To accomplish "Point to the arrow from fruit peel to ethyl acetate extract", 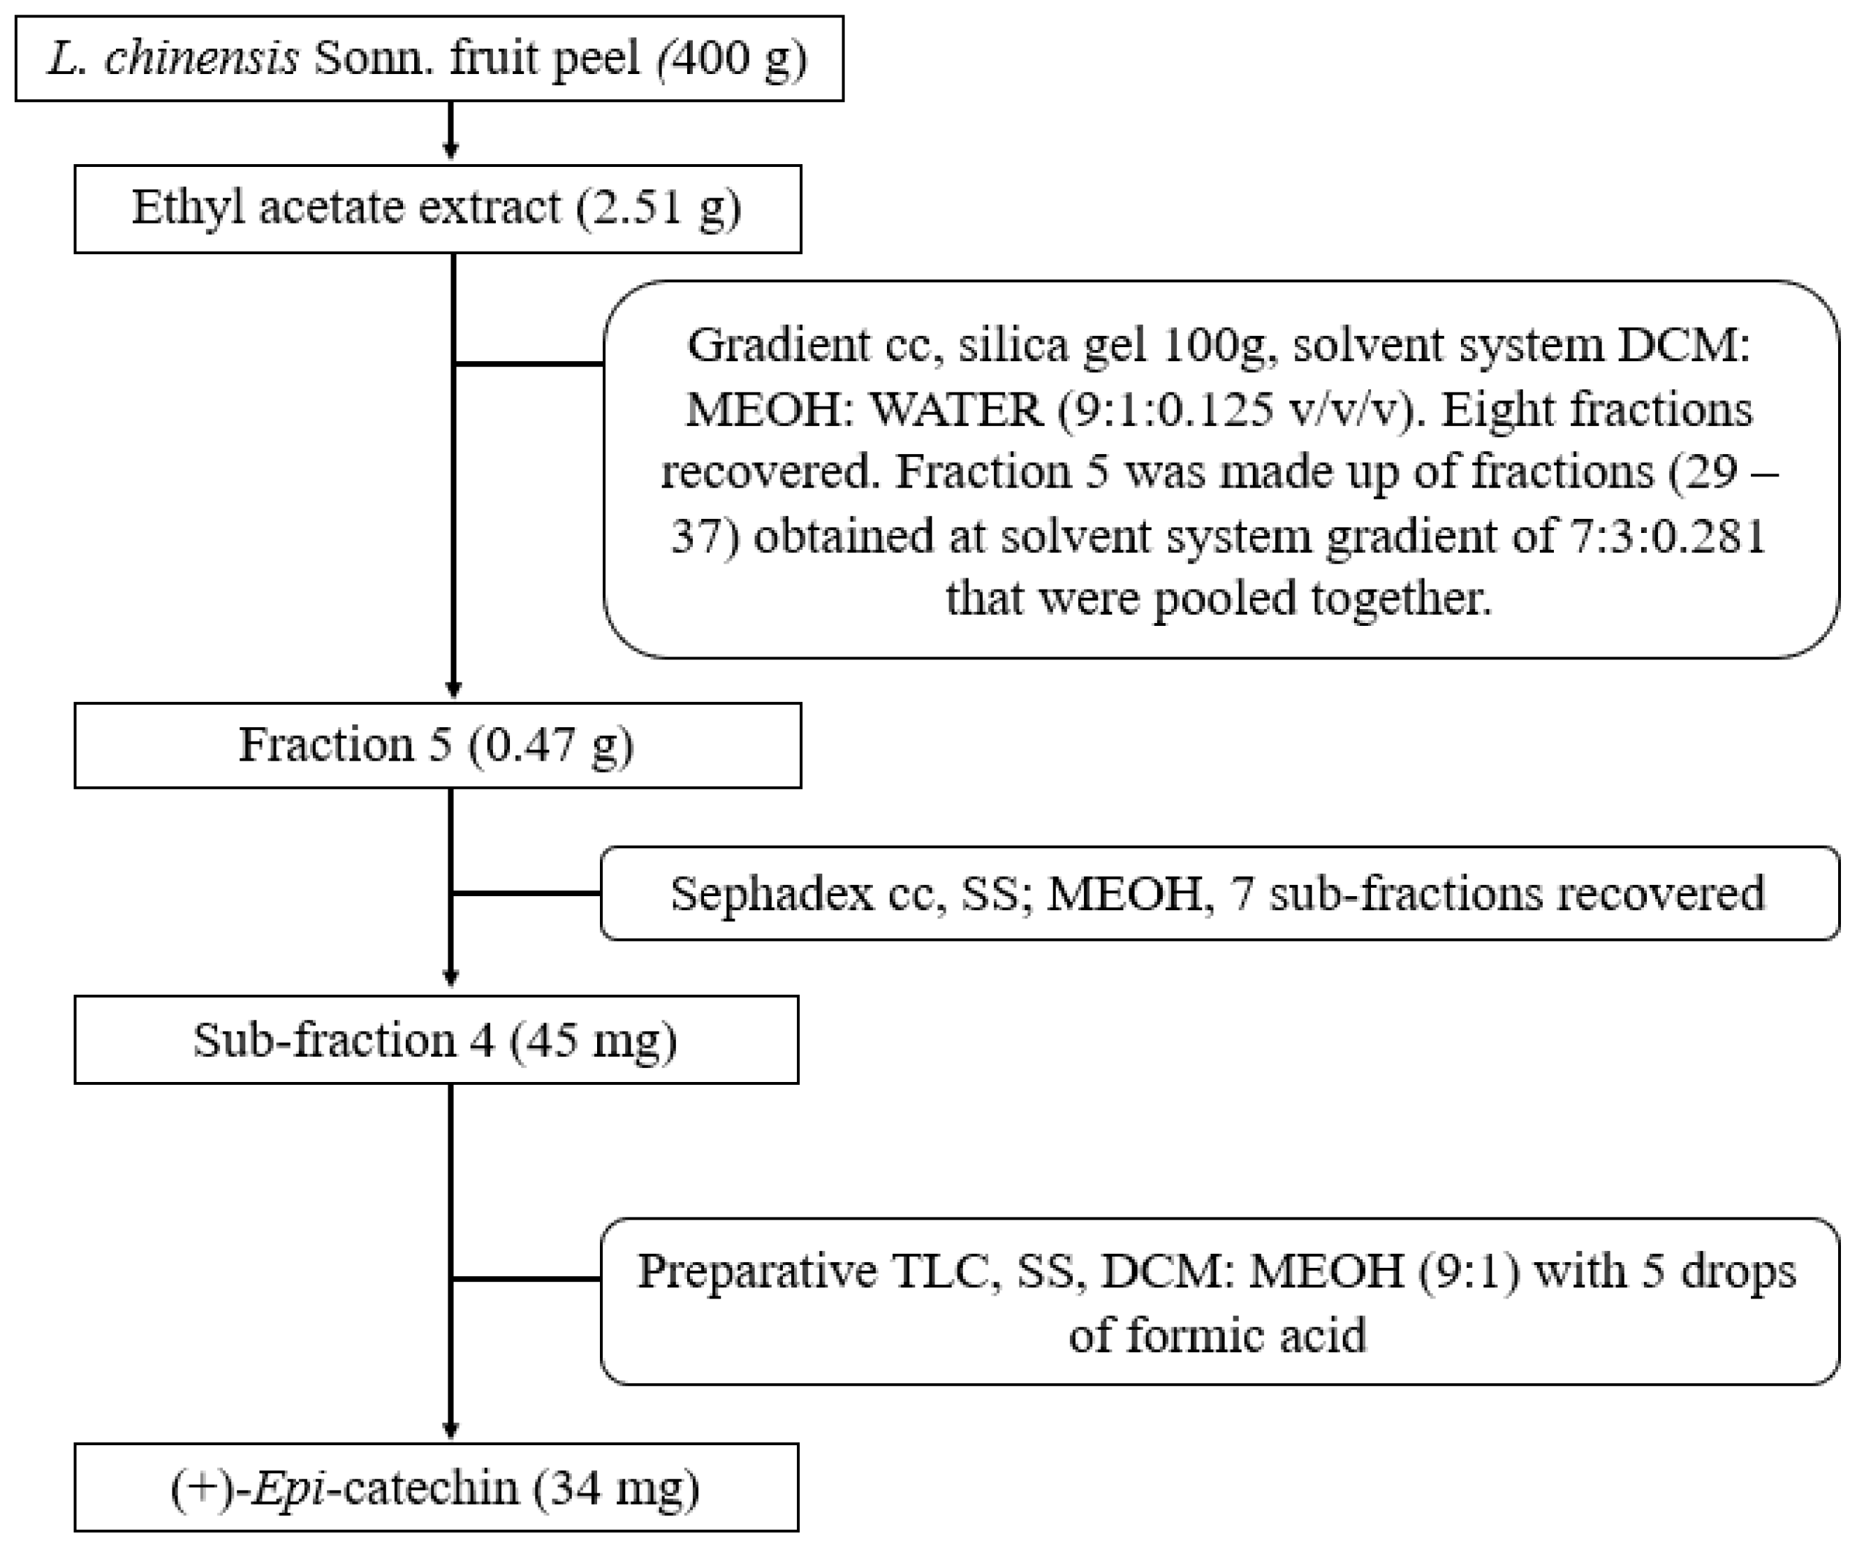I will (451, 132).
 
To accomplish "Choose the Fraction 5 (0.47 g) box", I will (438, 745).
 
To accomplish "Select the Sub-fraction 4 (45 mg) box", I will (436, 1040).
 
